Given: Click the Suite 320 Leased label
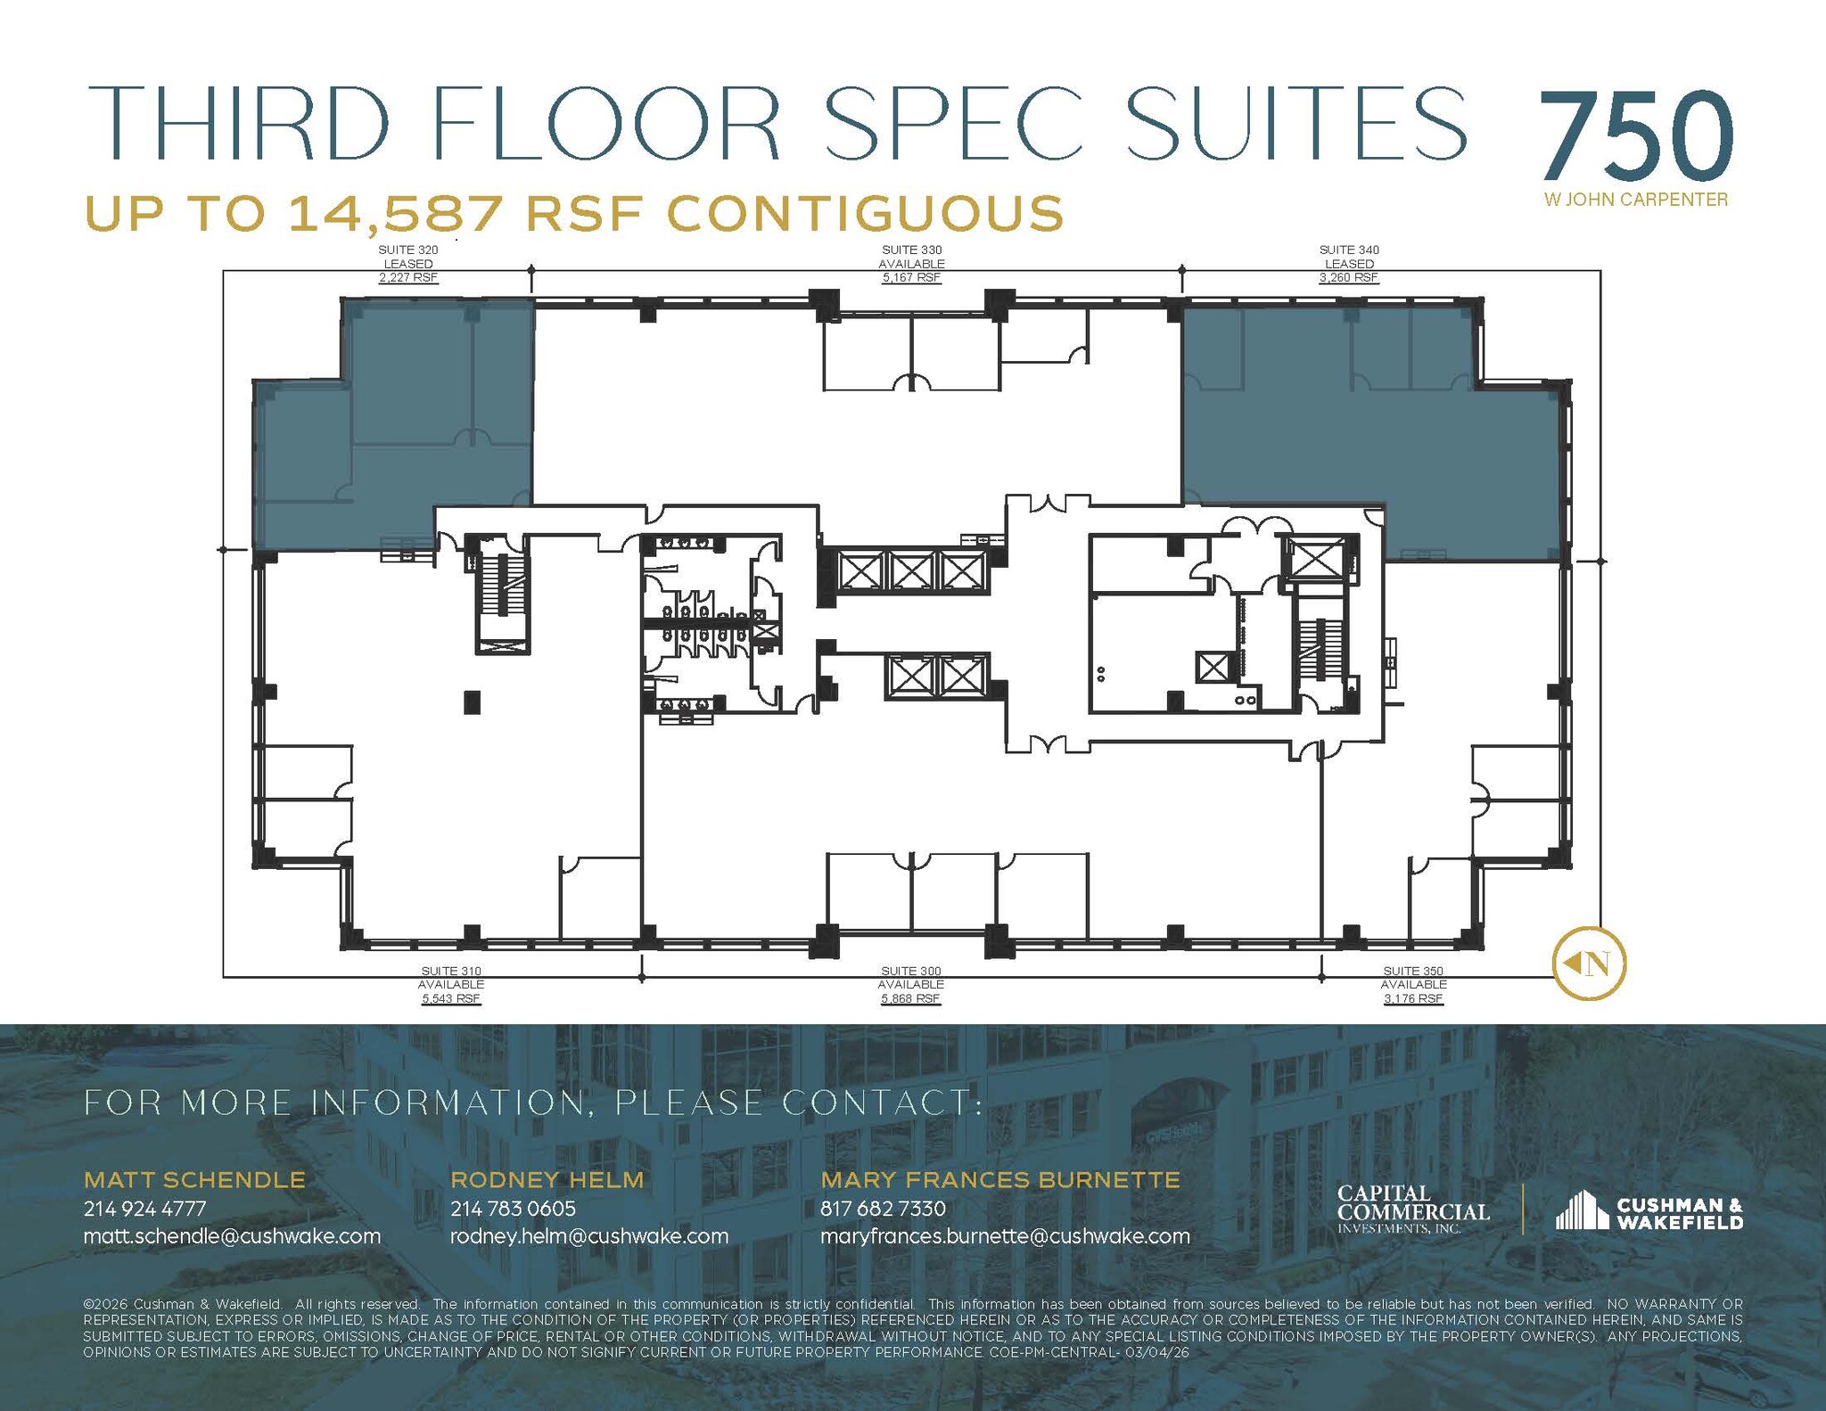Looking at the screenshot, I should pyautogui.click(x=408, y=264).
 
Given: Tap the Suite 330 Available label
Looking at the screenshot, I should pyautogui.click(x=911, y=264).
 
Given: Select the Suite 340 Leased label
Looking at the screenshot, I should pyautogui.click(x=1349, y=264).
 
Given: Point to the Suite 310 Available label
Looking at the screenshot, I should pyautogui.click(x=451, y=985).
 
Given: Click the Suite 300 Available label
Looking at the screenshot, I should pyautogui.click(x=911, y=985).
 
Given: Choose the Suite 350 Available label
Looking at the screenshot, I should pyautogui.click(x=1413, y=985).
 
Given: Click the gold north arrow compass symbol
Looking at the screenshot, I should pyautogui.click(x=1590, y=963).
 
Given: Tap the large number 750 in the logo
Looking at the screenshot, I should pyautogui.click(x=1635, y=138).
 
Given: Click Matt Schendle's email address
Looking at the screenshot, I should pyautogui.click(x=232, y=1236).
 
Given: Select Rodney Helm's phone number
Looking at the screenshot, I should pyautogui.click(x=513, y=1209).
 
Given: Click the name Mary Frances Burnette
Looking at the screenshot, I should pyautogui.click(x=1000, y=1180).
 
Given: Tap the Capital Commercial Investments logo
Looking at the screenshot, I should pyautogui.click(x=1412, y=1209).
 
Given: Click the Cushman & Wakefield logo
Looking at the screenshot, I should pyautogui.click(x=1649, y=1212).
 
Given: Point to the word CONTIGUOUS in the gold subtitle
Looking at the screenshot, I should pyautogui.click(x=865, y=214).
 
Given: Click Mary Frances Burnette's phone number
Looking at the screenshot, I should pyautogui.click(x=883, y=1209).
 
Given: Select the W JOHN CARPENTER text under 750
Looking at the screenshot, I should pyautogui.click(x=1635, y=201).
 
